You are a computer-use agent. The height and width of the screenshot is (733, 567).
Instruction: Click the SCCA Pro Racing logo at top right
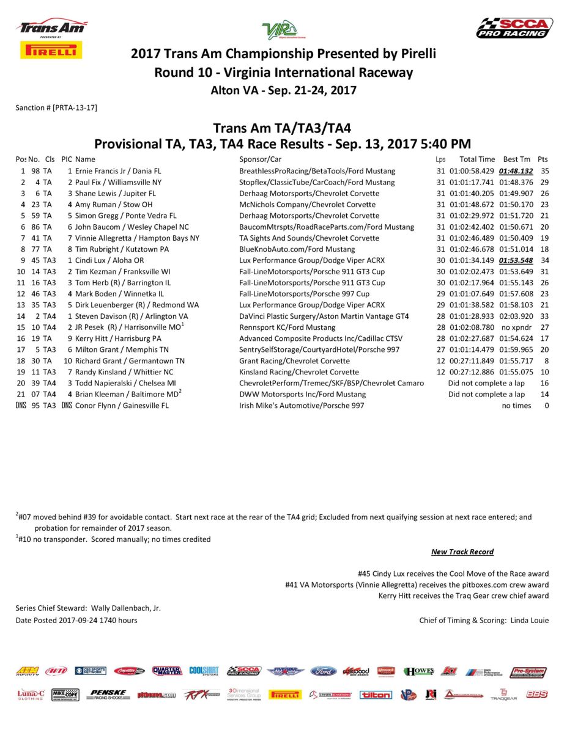[514, 28]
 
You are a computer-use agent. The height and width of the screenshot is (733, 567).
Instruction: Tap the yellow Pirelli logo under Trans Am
[51, 50]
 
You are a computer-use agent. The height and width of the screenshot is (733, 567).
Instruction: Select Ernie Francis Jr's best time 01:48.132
[516, 171]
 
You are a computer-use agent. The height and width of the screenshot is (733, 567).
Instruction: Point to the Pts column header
[543, 159]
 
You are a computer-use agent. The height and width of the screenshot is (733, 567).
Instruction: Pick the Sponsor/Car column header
[260, 159]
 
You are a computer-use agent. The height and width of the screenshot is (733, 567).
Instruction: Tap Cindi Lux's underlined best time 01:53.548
[516, 260]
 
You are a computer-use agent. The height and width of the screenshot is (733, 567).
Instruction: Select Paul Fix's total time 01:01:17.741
[472, 182]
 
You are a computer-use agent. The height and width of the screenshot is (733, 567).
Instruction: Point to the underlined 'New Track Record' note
[462, 552]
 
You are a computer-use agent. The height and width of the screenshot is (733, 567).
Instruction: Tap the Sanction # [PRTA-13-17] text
[56, 108]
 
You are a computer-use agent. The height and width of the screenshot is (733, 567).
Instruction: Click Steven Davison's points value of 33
[544, 316]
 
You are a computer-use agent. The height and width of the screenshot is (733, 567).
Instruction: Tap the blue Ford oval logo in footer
[323, 671]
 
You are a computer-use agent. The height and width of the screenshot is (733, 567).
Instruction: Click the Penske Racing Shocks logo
[108, 695]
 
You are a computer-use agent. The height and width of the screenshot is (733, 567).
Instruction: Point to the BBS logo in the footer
[536, 695]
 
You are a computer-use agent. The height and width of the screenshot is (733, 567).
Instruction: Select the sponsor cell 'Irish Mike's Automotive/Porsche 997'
[302, 406]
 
